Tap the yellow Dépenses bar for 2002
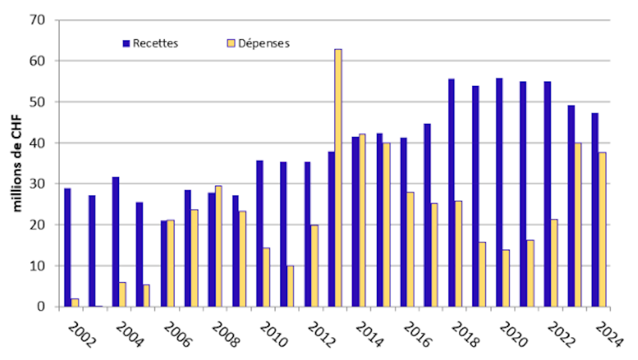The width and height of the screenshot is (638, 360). coord(75,303)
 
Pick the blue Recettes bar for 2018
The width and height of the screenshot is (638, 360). coord(451,192)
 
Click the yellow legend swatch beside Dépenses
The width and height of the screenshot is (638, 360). coord(230,44)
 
